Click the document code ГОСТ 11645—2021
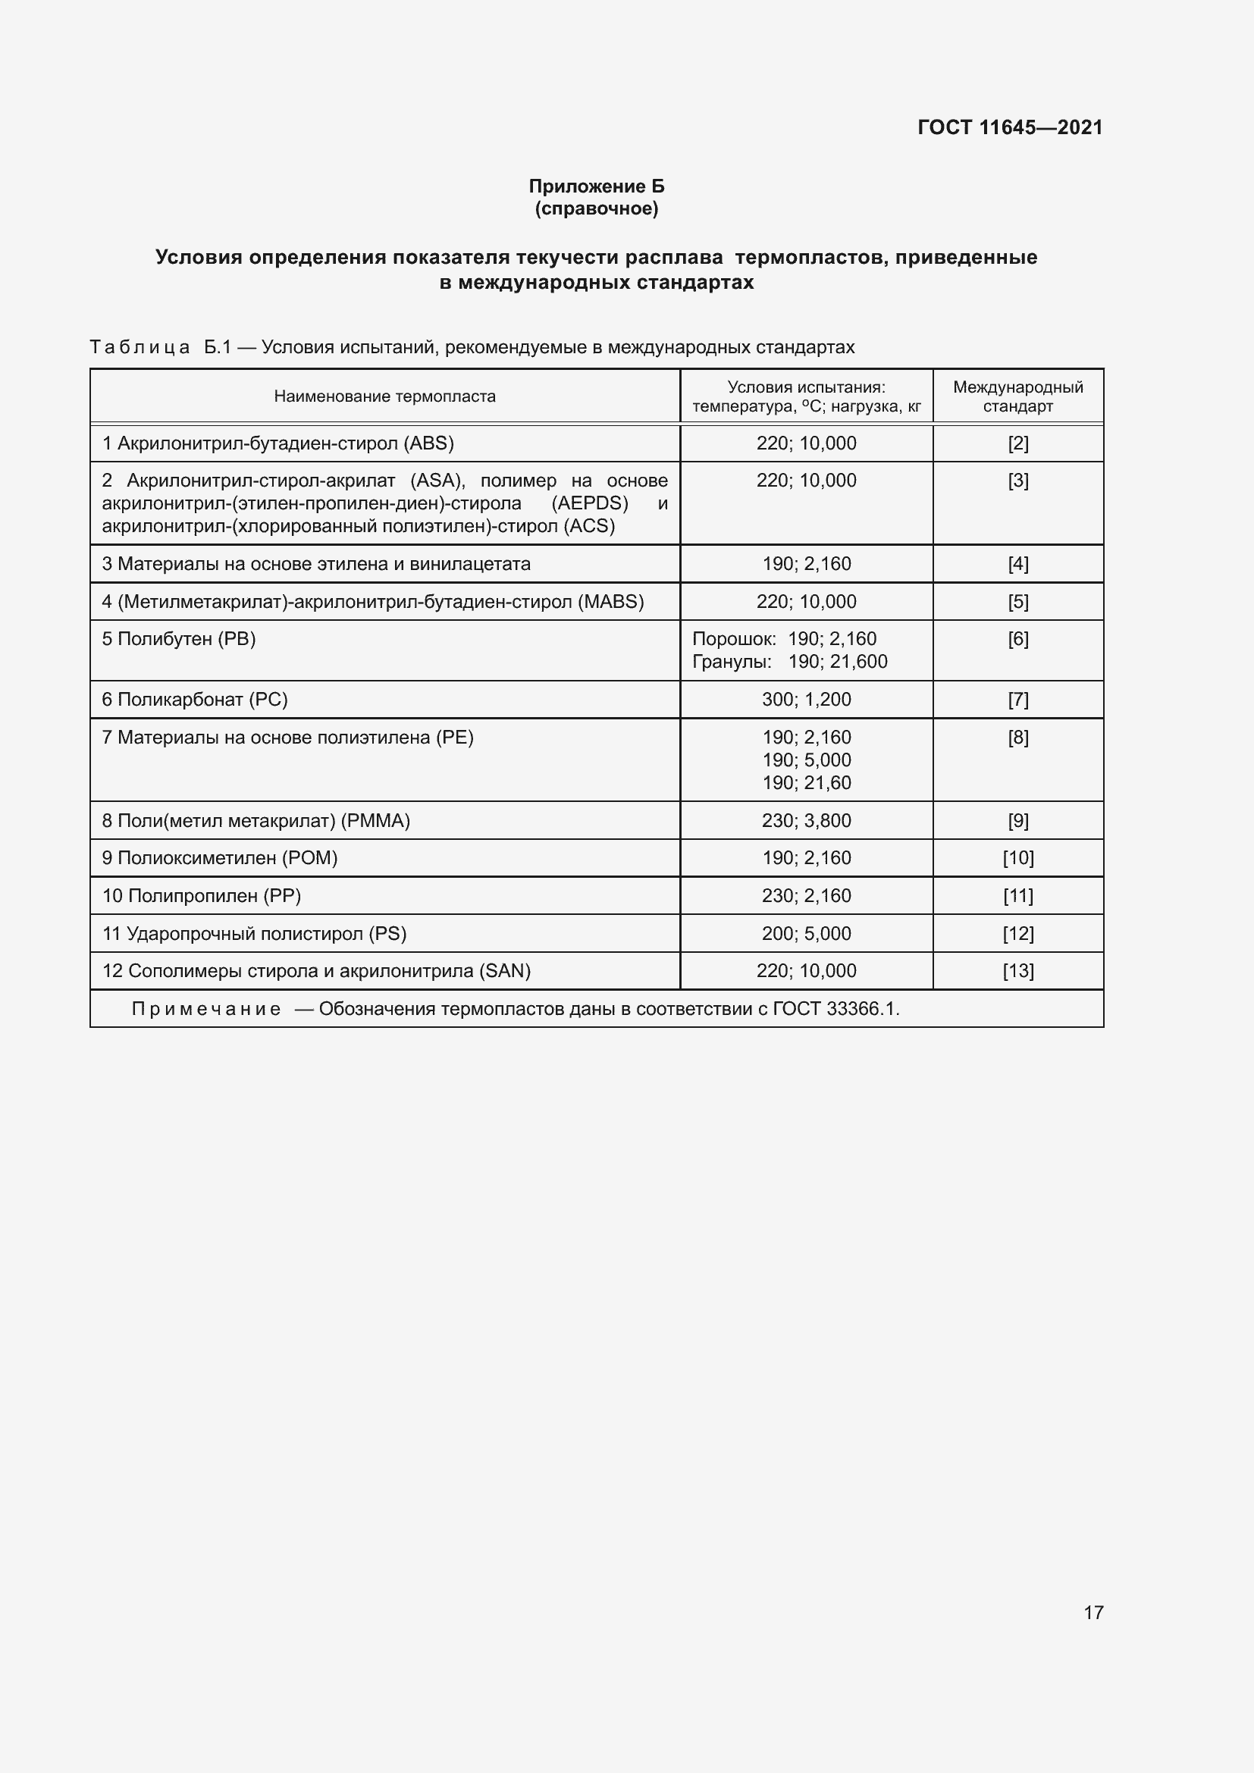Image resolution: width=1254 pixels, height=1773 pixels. tap(1009, 127)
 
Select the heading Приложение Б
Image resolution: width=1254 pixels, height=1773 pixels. tap(596, 186)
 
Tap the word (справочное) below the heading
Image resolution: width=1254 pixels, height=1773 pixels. tap(596, 208)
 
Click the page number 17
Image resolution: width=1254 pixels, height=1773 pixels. tap(1093, 1612)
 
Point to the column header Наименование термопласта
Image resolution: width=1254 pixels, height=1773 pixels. tap(384, 396)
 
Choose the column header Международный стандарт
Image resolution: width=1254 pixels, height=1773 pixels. tap(1017, 396)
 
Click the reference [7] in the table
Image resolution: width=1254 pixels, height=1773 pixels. tap(1017, 700)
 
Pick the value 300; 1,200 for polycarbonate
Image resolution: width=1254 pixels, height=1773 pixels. tap(806, 700)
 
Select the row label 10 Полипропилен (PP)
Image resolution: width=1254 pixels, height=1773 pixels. tap(202, 896)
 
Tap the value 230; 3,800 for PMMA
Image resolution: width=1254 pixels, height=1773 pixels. tap(806, 820)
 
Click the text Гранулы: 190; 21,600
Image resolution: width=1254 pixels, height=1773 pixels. tap(789, 662)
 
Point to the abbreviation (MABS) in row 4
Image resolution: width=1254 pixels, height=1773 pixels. tap(610, 602)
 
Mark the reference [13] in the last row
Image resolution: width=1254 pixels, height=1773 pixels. tap(1017, 971)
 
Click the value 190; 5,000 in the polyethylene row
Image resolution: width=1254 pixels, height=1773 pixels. tap(806, 760)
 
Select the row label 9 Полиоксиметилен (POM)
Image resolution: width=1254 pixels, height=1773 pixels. tap(220, 858)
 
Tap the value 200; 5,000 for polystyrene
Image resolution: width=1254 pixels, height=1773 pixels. tap(806, 934)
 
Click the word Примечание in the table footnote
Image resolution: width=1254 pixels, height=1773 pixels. tap(206, 1009)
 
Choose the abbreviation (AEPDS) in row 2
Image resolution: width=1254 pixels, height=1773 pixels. tap(589, 503)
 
